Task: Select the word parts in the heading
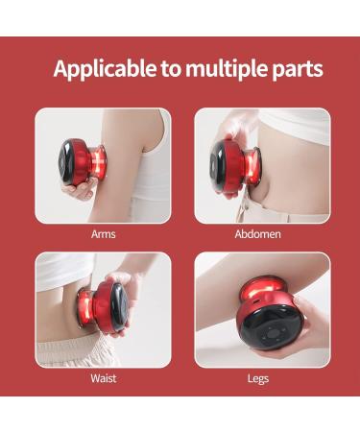(x=295, y=69)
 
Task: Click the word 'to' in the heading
(x=156, y=69)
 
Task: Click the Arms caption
(x=104, y=233)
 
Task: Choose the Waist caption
(x=104, y=378)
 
